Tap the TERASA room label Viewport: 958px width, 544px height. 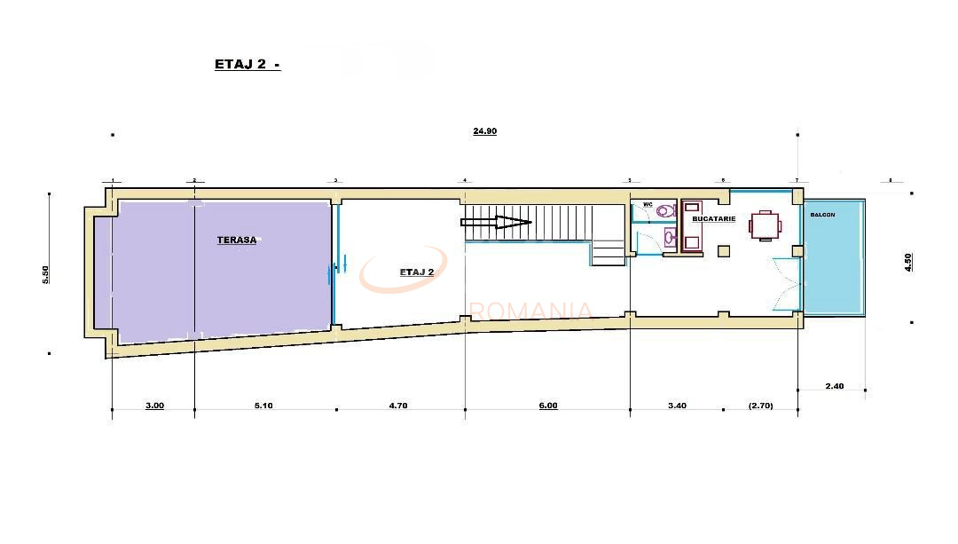click(236, 240)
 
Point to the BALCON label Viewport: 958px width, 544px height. click(822, 215)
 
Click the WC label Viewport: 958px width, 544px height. click(648, 205)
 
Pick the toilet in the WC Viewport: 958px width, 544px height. click(665, 211)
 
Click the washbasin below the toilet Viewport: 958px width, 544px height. click(669, 238)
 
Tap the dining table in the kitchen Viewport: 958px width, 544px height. click(764, 225)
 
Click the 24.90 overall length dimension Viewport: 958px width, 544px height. click(484, 131)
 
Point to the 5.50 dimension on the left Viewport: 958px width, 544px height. click(46, 274)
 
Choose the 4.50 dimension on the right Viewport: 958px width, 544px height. click(907, 263)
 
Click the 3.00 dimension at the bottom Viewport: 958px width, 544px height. click(154, 406)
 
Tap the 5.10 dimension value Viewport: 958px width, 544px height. click(263, 406)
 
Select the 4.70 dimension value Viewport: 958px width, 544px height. click(398, 406)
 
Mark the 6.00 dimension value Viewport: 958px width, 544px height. click(548, 406)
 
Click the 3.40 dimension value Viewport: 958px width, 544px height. click(676, 406)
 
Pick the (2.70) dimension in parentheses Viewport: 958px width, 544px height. click(760, 406)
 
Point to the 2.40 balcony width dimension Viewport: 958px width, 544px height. click(835, 386)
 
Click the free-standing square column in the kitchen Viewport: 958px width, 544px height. click(724, 250)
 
